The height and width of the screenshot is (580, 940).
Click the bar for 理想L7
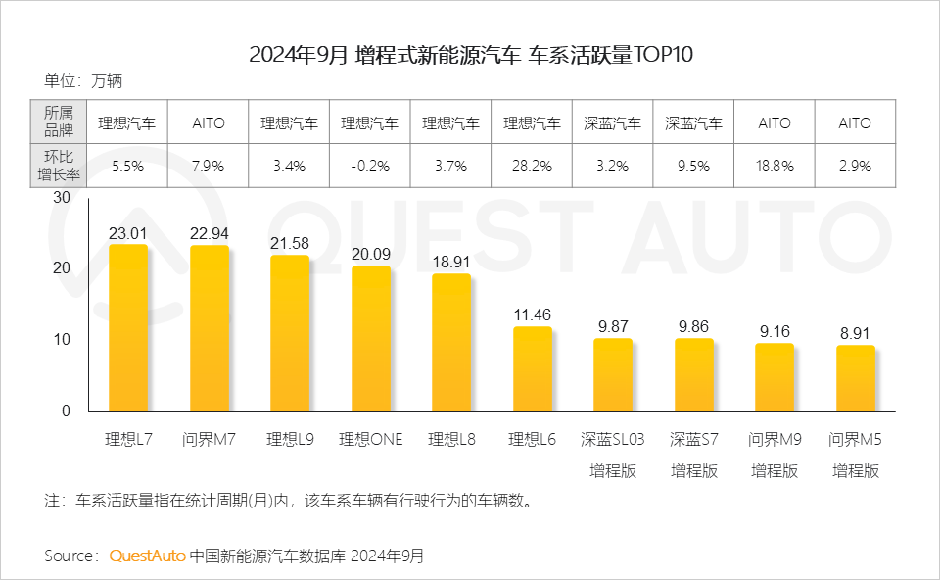click(127, 328)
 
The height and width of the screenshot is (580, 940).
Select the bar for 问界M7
click(209, 328)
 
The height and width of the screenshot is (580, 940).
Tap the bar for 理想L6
click(533, 369)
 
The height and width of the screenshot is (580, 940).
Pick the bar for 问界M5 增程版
click(855, 378)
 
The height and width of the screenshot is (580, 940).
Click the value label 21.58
click(290, 241)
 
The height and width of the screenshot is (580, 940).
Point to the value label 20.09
click(371, 254)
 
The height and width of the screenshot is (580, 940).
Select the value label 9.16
click(775, 331)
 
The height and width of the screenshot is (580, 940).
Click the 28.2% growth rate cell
click(532, 167)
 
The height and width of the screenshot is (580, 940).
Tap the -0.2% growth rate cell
click(370, 167)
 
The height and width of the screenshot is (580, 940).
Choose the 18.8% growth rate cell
click(775, 167)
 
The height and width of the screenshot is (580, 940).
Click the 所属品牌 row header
click(60, 122)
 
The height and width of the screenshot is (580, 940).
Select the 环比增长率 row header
click(60, 167)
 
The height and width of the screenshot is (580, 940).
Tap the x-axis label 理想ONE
click(370, 439)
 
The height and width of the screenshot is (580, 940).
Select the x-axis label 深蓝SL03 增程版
click(613, 455)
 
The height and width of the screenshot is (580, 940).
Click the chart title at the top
click(470, 54)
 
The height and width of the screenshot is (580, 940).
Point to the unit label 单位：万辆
click(83, 81)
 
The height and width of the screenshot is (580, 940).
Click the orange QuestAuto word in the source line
click(147, 556)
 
